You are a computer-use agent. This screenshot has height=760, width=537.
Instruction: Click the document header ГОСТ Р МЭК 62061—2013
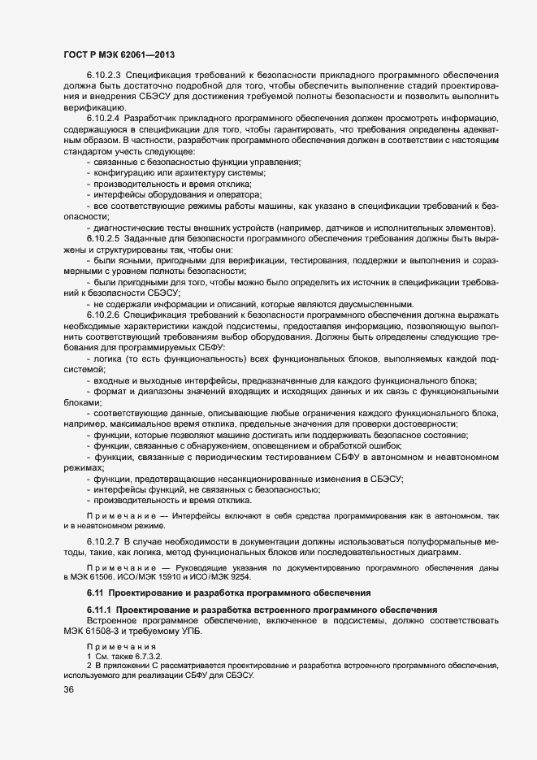pos(116,54)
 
